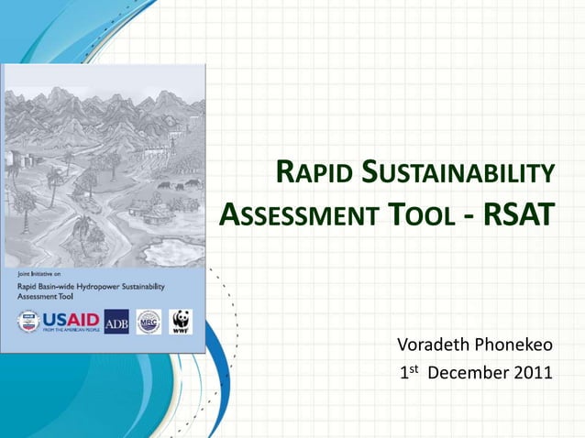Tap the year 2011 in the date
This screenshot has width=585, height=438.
pyautogui.click(x=531, y=373)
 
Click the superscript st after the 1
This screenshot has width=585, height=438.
pyautogui.click(x=413, y=368)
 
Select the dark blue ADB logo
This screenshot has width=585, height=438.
pyautogui.click(x=116, y=322)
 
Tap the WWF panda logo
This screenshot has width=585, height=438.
pyautogui.click(x=180, y=322)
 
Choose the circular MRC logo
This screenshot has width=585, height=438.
pyautogui.click(x=149, y=322)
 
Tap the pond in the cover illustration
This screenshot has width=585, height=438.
pyautogui.click(x=169, y=246)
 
